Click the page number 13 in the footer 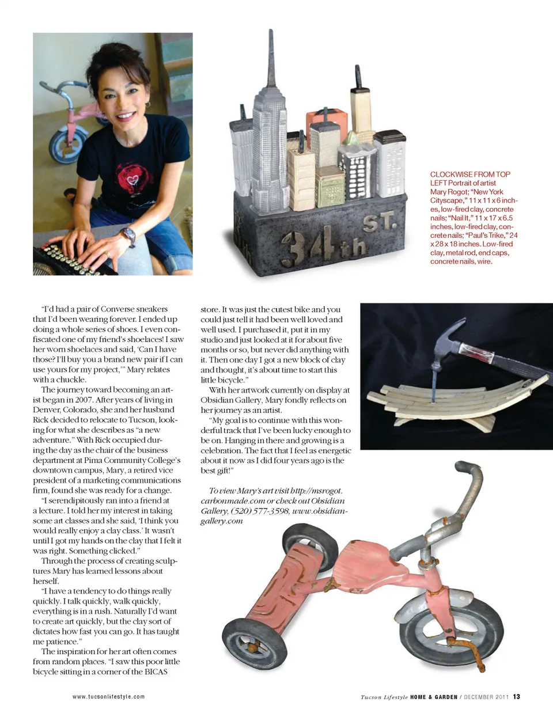tap(517, 697)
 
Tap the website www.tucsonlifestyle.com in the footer tap(109, 697)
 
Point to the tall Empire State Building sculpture tap(270, 132)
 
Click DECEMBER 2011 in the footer tap(486, 697)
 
